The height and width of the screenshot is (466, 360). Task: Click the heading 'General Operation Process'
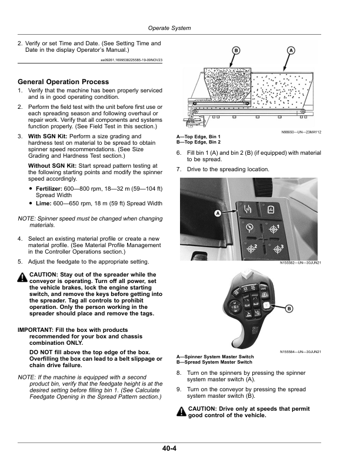pyautogui.click(x=64, y=82)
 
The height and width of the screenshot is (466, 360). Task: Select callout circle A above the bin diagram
pyautogui.click(x=291, y=52)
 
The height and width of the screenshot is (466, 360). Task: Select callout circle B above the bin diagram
pyautogui.click(x=235, y=52)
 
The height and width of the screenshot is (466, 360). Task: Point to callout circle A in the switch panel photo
pyautogui.click(x=217, y=214)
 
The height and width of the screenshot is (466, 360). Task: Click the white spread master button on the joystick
pyautogui.click(x=266, y=306)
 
